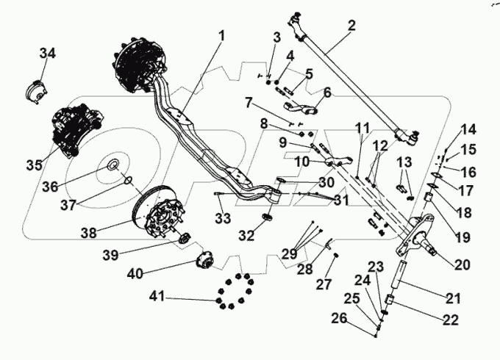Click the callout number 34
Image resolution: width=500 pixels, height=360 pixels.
click(x=47, y=54)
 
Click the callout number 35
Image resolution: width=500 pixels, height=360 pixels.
click(x=34, y=165)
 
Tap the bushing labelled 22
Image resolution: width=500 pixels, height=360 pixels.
click(x=390, y=302)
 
